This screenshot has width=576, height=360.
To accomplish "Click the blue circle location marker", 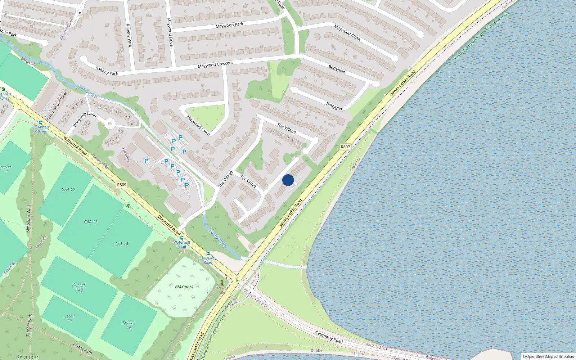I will (x=288, y=180).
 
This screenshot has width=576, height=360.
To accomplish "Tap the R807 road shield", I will (x=345, y=147).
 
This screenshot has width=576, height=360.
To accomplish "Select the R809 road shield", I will (x=122, y=185).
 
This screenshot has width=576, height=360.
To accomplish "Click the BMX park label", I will (x=184, y=287).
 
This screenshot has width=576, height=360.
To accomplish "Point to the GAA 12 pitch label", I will (x=68, y=190).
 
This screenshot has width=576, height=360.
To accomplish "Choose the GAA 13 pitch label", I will (x=90, y=222).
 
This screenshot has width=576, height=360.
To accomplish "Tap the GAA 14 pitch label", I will (x=121, y=244).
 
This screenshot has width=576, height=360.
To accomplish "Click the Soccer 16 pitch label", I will (x=129, y=325).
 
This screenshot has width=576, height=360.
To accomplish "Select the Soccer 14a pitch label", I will (x=79, y=287).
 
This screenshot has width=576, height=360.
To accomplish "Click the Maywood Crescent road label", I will (x=215, y=65).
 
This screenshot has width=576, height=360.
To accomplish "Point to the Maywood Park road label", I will (x=229, y=25).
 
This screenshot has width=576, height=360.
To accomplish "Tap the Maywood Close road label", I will (x=347, y=32).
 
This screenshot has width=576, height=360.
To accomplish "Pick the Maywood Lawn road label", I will (x=198, y=125).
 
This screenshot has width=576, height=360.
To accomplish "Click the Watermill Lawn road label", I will (x=85, y=119).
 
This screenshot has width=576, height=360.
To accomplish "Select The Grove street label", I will (x=248, y=181).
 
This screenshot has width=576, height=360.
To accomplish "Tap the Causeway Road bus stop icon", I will (x=208, y=253).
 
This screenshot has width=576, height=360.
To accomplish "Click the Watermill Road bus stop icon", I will (x=182, y=238).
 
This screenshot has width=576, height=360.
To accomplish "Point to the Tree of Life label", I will (x=222, y=290).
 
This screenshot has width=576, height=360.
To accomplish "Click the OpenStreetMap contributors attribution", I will (x=548, y=356).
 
